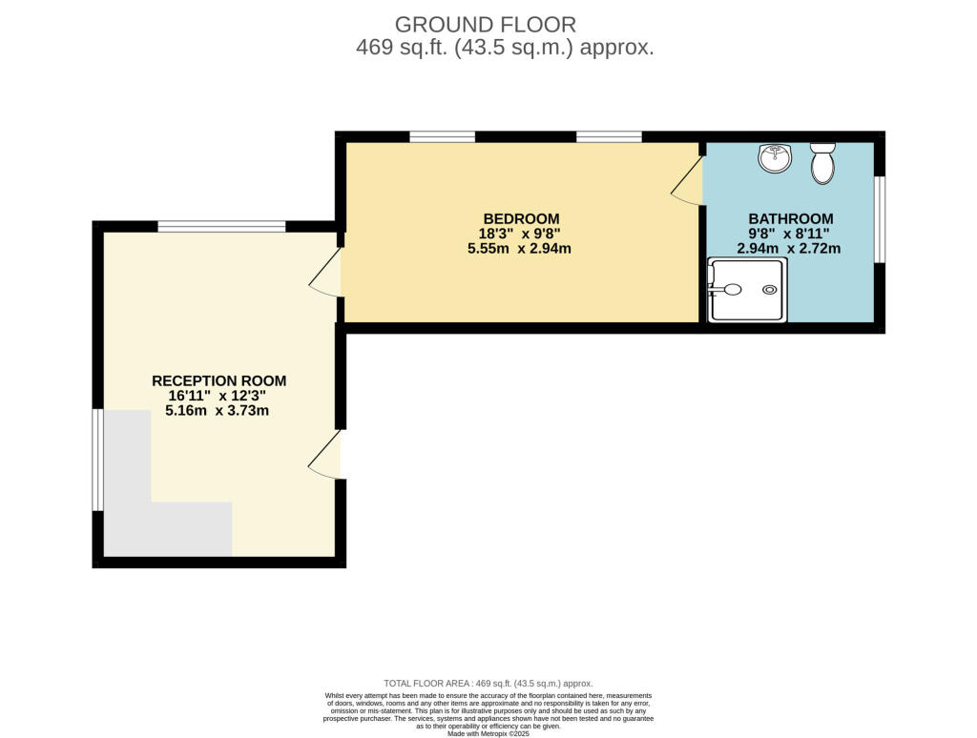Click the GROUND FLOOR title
coord(485,24)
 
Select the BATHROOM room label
coord(790,218)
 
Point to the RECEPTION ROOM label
coord(218,380)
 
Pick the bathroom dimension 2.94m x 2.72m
coord(790,249)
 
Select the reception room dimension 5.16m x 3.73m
coord(218,411)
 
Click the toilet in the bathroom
coord(821,163)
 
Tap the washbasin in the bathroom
coord(775,158)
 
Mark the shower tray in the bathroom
coord(747,290)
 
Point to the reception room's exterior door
coord(325,455)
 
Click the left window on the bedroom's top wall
coord(442,136)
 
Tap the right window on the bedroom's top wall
coord(609,136)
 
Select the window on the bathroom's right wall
coord(879,218)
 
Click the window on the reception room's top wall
coord(221,226)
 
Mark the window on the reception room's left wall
coord(96,460)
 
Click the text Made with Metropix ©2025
coord(488,732)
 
